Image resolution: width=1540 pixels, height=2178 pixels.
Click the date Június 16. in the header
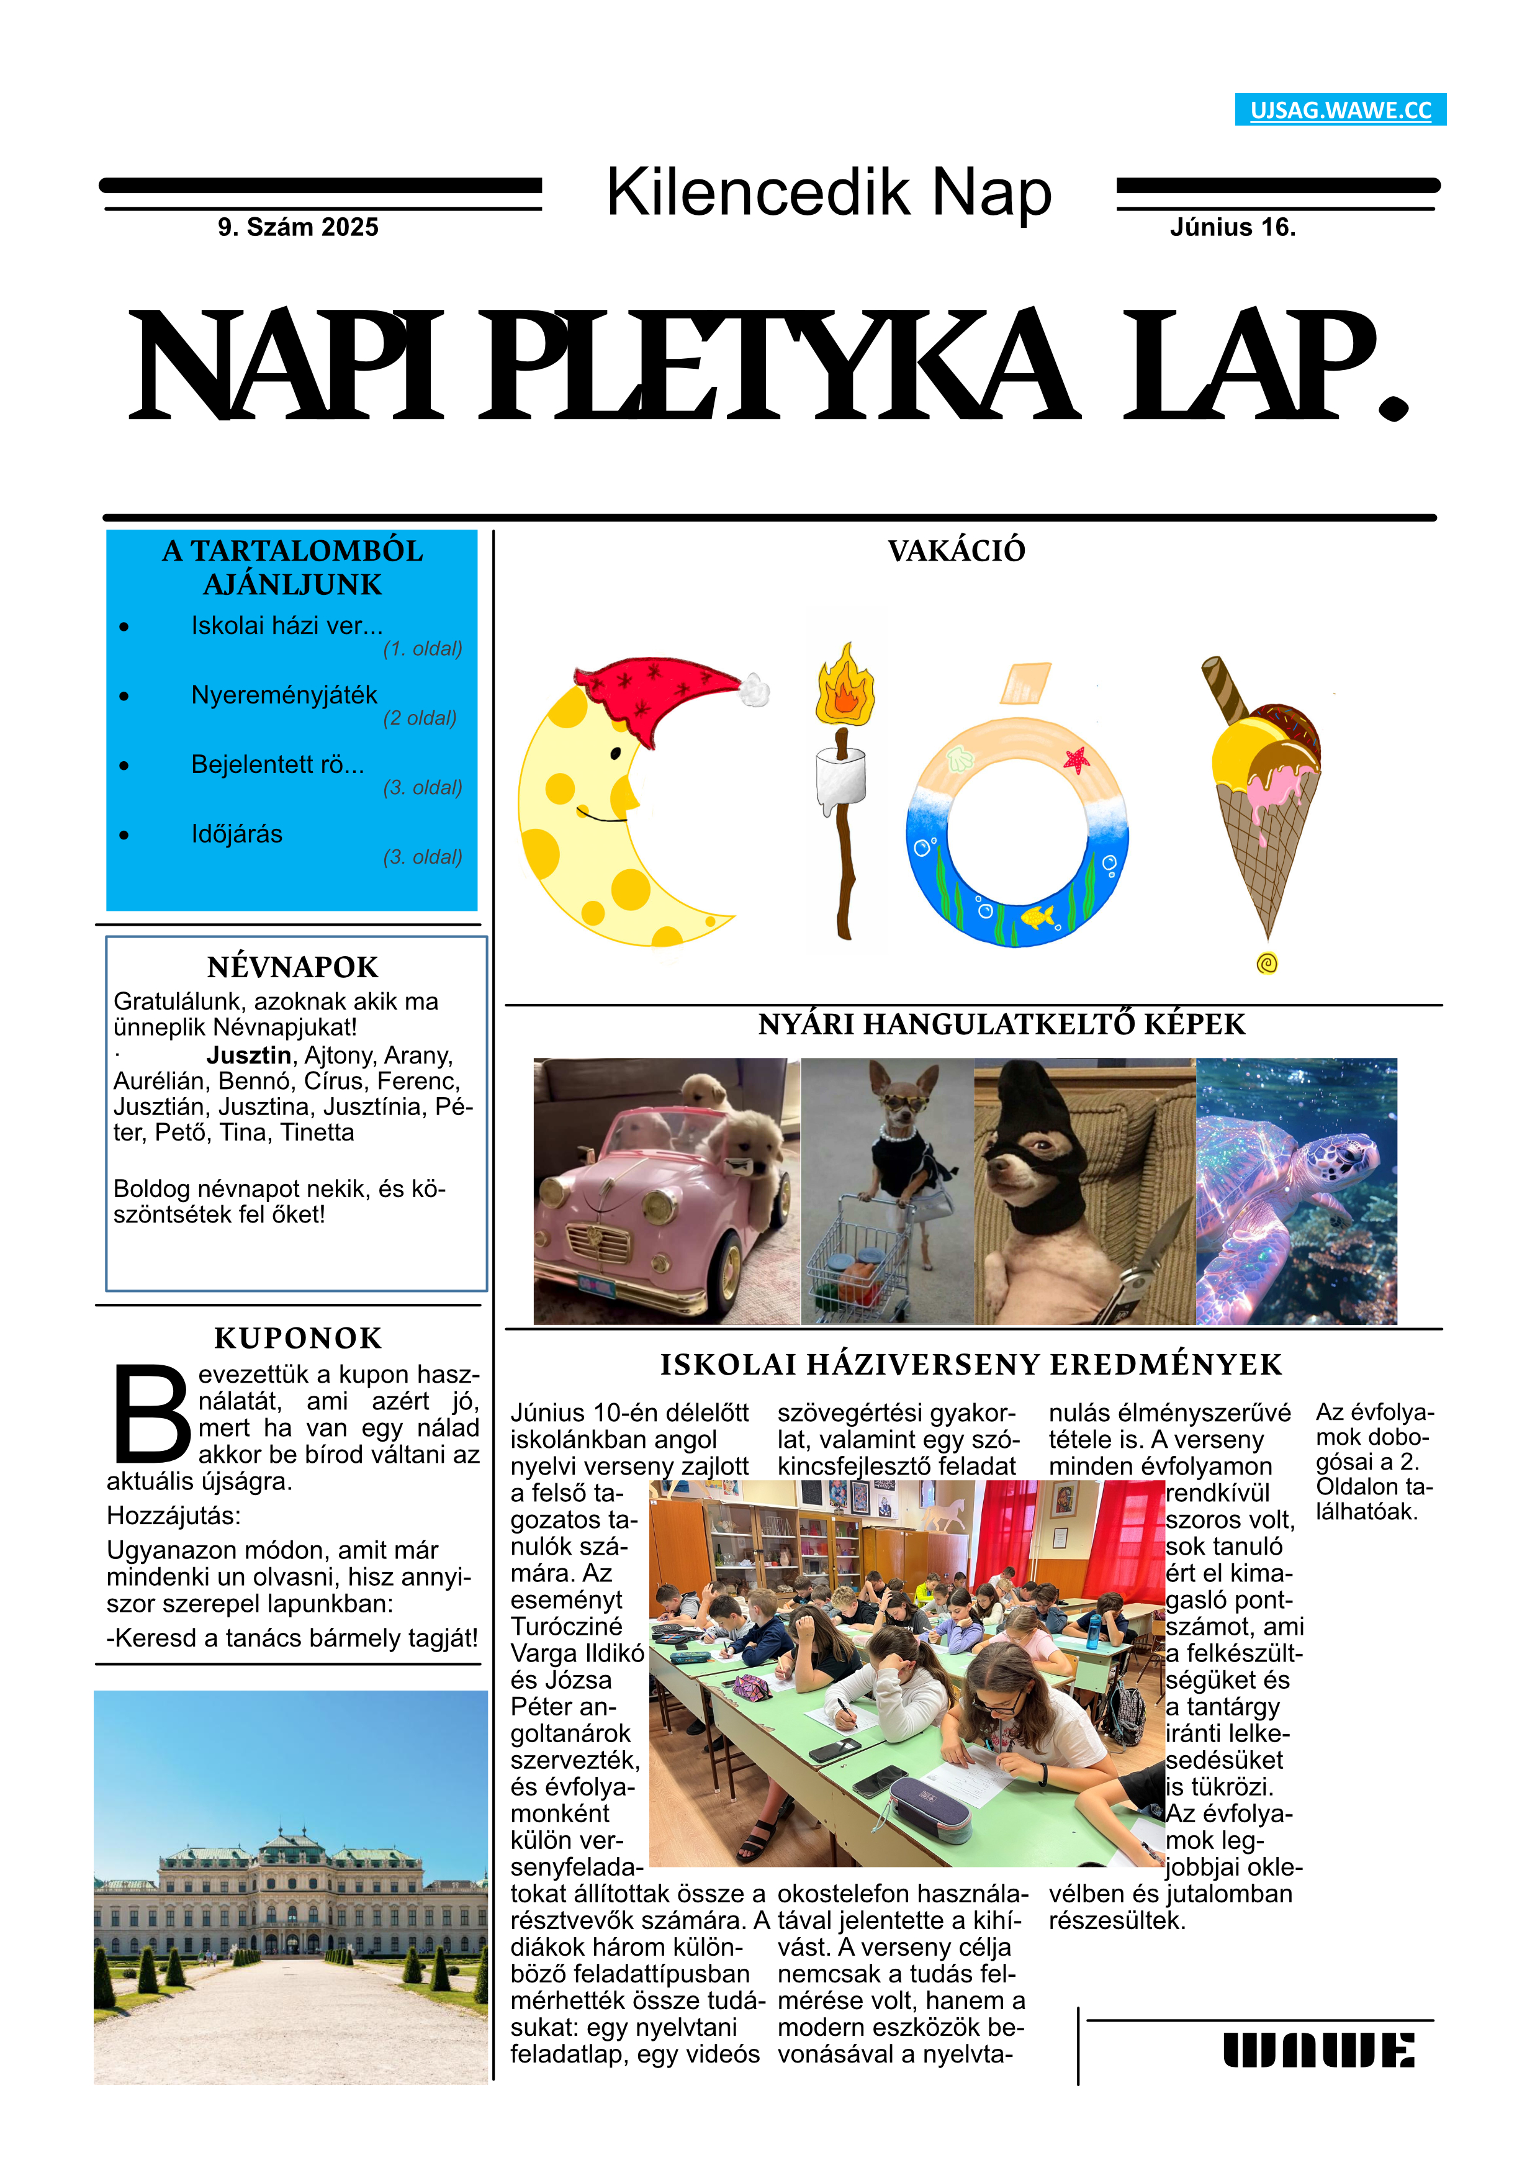coord(1232,228)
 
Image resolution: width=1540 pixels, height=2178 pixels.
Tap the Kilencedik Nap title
coord(828,192)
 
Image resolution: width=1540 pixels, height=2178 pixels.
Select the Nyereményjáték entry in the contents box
coord(284,695)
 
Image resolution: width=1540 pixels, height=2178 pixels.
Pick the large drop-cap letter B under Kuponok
coord(151,1414)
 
